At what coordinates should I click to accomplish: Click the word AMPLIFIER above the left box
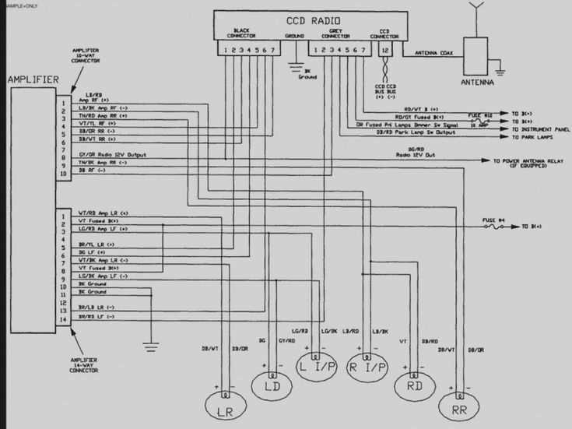(34, 79)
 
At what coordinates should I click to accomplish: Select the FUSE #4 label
(494, 220)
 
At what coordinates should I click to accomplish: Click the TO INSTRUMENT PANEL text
(541, 129)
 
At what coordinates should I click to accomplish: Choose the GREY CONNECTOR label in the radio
(335, 33)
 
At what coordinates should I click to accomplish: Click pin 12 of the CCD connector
(384, 50)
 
